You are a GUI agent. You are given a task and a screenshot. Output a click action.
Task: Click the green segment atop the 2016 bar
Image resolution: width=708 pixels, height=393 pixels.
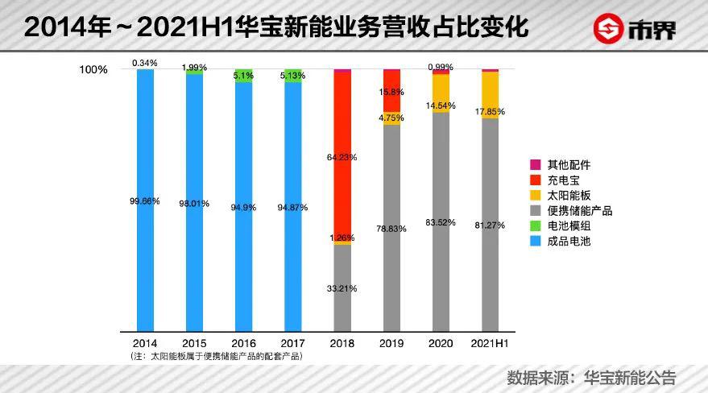pyautogui.click(x=243, y=76)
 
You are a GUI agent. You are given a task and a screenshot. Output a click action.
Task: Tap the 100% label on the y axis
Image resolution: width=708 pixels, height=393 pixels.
pyautogui.click(x=93, y=70)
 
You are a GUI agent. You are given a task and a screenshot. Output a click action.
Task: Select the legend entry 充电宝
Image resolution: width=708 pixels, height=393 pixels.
pyautogui.click(x=563, y=180)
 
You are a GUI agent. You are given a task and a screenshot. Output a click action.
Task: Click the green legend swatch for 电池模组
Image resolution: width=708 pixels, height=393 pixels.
pyautogui.click(x=535, y=225)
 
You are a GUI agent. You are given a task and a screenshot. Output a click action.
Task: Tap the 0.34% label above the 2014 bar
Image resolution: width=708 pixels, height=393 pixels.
pyautogui.click(x=145, y=62)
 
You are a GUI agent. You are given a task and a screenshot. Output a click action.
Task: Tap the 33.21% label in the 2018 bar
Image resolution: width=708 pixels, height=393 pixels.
pyautogui.click(x=342, y=288)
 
